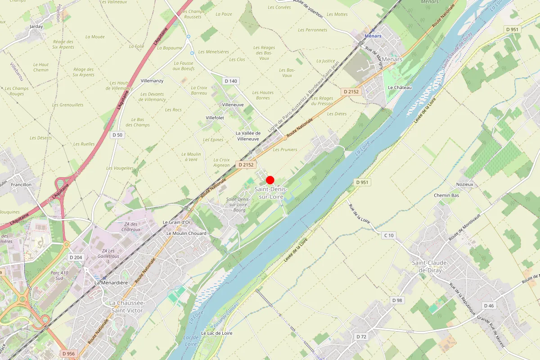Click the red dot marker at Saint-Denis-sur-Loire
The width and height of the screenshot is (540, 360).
click(270, 180)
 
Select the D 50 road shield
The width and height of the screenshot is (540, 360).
click(117, 135)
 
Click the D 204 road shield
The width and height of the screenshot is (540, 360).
click(76, 257)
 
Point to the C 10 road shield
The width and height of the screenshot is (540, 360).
click(389, 235)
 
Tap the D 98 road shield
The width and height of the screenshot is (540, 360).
click(397, 300)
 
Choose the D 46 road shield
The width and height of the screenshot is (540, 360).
click(489, 306)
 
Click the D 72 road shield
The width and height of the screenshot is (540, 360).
click(361, 337)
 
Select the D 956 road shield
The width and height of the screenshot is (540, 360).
click(68, 354)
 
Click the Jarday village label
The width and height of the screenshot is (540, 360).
click(36, 27)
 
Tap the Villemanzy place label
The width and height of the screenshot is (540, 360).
click(152, 81)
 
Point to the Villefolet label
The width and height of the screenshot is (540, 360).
click(215, 117)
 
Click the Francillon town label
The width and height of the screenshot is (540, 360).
click(22, 184)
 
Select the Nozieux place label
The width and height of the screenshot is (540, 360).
click(465, 184)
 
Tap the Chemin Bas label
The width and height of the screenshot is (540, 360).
click(446, 195)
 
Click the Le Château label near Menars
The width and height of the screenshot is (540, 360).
click(400, 87)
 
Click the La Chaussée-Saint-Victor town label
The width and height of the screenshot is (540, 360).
click(127, 306)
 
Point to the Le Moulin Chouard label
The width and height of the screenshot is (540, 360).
click(186, 234)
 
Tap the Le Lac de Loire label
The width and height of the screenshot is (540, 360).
click(217, 333)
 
